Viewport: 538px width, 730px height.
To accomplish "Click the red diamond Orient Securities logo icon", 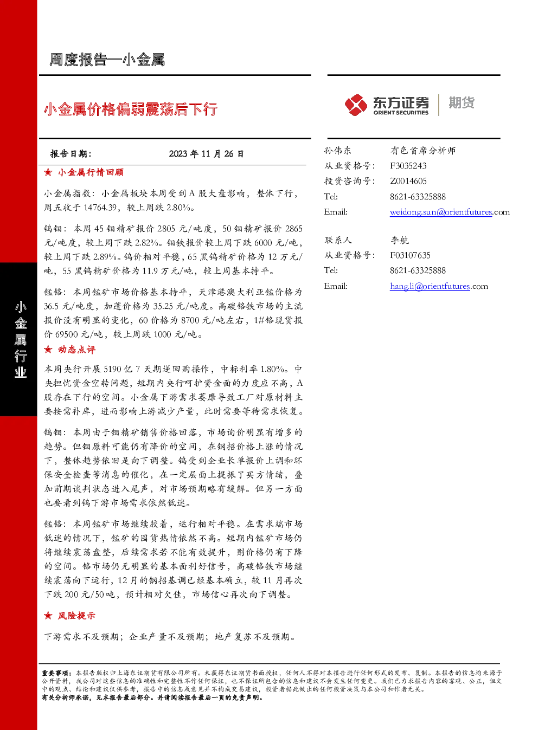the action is point(356,105).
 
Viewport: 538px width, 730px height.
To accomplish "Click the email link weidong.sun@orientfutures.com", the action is point(450,212).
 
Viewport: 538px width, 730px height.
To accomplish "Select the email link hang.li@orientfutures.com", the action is point(439,286).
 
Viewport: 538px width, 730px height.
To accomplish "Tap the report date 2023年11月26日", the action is point(206,153).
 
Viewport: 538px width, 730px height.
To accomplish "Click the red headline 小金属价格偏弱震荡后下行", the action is point(130,109).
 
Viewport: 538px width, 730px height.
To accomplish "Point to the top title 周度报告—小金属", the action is point(107,60).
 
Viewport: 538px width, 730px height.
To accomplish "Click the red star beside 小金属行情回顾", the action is point(48,172).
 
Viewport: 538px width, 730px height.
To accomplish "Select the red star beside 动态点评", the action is point(48,350).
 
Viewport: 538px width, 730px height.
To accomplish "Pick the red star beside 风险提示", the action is point(48,615).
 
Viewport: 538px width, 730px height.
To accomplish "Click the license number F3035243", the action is point(408,166).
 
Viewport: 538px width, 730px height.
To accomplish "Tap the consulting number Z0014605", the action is point(408,181).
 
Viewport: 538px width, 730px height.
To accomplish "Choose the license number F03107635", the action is point(410,255).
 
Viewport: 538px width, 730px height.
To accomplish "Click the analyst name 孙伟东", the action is point(337,150).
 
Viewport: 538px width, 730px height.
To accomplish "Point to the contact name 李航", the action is point(399,240).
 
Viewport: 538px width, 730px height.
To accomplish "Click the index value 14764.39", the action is point(100,208).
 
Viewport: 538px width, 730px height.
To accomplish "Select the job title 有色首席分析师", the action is point(423,150).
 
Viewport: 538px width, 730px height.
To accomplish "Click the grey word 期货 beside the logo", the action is point(462,102).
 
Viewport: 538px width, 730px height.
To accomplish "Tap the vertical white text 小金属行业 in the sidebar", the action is point(21,339).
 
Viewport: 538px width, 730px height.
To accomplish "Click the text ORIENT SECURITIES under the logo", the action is point(401,113).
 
